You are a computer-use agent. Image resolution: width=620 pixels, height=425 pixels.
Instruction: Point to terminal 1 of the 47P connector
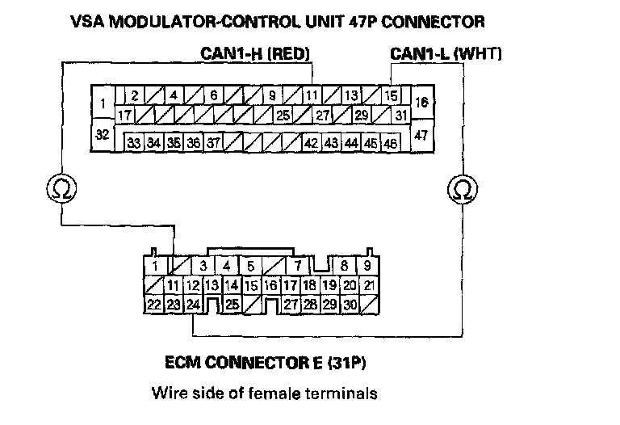click(103, 103)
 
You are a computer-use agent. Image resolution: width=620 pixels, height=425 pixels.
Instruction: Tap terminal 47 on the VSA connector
click(421, 136)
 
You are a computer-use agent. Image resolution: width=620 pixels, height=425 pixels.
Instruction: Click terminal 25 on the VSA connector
click(283, 116)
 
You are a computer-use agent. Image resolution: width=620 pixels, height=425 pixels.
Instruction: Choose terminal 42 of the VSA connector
click(311, 143)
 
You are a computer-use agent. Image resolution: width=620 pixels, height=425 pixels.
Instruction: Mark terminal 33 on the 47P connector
click(134, 143)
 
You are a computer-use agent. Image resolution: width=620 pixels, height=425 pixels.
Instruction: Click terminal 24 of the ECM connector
click(193, 305)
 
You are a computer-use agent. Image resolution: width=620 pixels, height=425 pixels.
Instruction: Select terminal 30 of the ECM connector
click(350, 305)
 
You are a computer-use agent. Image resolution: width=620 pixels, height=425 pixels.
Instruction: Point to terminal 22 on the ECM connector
click(153, 305)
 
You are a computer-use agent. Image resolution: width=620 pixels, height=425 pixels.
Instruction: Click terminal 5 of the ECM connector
click(251, 265)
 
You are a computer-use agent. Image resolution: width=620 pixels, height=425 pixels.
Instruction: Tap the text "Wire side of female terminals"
click(264, 395)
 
